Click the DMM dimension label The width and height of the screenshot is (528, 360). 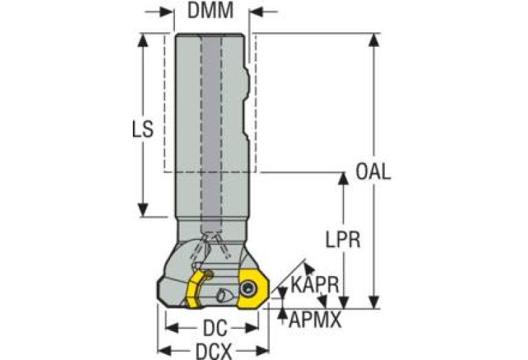pos(210,10)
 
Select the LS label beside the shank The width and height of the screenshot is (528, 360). pos(142,129)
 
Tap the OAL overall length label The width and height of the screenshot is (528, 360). pos(373,172)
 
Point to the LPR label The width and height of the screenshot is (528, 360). pos(343,240)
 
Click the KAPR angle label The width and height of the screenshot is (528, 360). pos(315,285)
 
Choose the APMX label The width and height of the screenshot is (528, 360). pos(315,320)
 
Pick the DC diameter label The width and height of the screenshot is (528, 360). pos(215,328)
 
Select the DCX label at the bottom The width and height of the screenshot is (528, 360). pos(214,352)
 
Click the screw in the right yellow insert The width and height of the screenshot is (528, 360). pos(249,289)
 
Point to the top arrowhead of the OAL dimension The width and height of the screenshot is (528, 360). pos(374,40)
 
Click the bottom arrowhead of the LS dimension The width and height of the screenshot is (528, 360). pos(143,210)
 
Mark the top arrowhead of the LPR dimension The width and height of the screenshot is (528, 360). pos(343,178)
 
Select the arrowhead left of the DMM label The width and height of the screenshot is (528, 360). pos(167,12)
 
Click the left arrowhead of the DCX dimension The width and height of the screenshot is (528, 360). pos(165,351)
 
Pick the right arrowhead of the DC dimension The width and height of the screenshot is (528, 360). pos(252,328)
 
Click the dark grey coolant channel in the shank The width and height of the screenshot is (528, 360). pos(211,135)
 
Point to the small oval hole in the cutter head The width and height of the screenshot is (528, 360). pos(222,296)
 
